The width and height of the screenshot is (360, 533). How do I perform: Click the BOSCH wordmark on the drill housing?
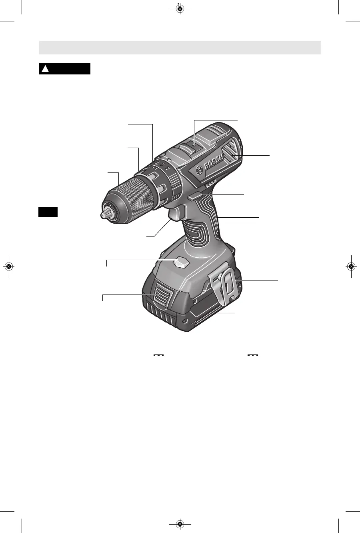click(x=213, y=162)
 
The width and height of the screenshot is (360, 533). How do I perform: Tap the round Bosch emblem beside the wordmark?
click(x=199, y=170)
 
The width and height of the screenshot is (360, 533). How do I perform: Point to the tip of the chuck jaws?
click(x=102, y=215)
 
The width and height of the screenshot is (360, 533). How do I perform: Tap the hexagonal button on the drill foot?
click(x=181, y=262)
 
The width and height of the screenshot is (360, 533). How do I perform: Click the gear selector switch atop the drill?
click(x=192, y=146)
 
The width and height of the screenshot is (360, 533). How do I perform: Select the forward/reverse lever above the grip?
click(x=194, y=196)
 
